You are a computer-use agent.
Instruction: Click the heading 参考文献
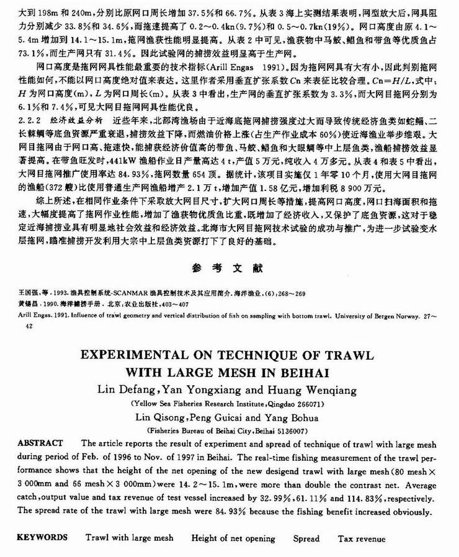[x=229, y=269]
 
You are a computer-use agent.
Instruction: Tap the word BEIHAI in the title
[x=300, y=374]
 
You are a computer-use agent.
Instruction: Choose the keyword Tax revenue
[x=361, y=538]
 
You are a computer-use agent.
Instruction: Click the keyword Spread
[x=306, y=538]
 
